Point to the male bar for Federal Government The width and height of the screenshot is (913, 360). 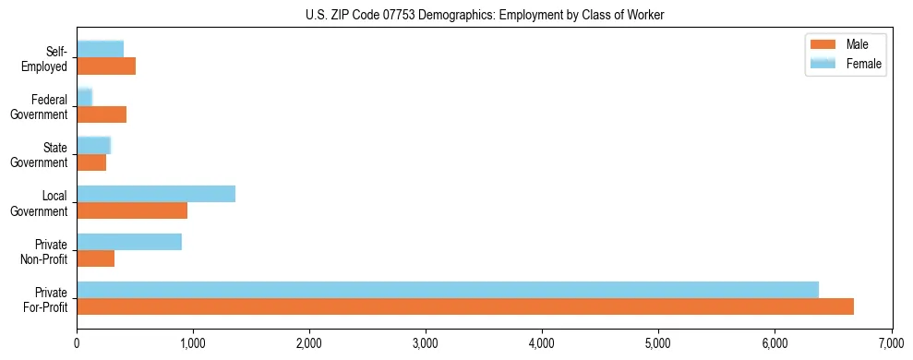coord(102,114)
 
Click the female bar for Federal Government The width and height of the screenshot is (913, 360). coord(84,97)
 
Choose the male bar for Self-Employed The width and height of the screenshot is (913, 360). coord(106,66)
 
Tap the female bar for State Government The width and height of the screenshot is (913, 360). coord(93,145)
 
